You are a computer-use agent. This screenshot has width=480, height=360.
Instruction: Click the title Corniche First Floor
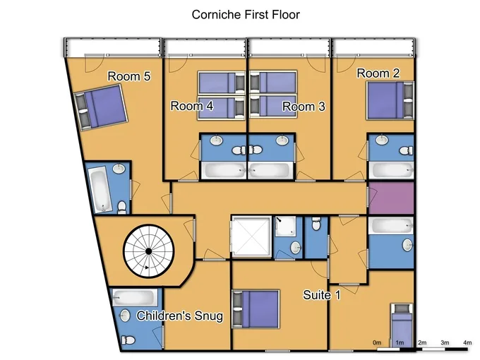(x=246, y=15)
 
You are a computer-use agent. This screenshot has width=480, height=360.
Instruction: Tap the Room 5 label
(x=129, y=76)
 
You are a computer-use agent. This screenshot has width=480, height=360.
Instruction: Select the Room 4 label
(x=192, y=106)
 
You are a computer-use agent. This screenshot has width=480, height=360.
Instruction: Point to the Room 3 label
(x=304, y=107)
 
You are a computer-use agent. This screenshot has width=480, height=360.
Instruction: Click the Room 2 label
(x=378, y=73)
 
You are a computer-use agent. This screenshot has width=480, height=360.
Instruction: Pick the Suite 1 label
(x=321, y=295)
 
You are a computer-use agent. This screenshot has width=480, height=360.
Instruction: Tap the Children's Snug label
(x=180, y=316)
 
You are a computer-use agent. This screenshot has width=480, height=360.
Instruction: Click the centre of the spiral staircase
(x=149, y=251)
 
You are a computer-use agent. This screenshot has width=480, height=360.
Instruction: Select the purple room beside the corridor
(x=391, y=198)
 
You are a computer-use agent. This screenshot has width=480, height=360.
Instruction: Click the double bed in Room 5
(x=101, y=107)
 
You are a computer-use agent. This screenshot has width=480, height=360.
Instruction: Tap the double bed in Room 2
(x=390, y=100)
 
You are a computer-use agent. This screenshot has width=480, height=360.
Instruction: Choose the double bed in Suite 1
(x=256, y=309)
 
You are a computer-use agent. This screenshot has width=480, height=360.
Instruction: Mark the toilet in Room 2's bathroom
(x=406, y=150)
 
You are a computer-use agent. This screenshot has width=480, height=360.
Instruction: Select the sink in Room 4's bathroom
(x=217, y=140)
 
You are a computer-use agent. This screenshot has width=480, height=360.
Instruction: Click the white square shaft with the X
(x=251, y=236)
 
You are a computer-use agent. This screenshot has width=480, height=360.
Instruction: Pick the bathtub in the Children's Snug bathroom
(x=134, y=297)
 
